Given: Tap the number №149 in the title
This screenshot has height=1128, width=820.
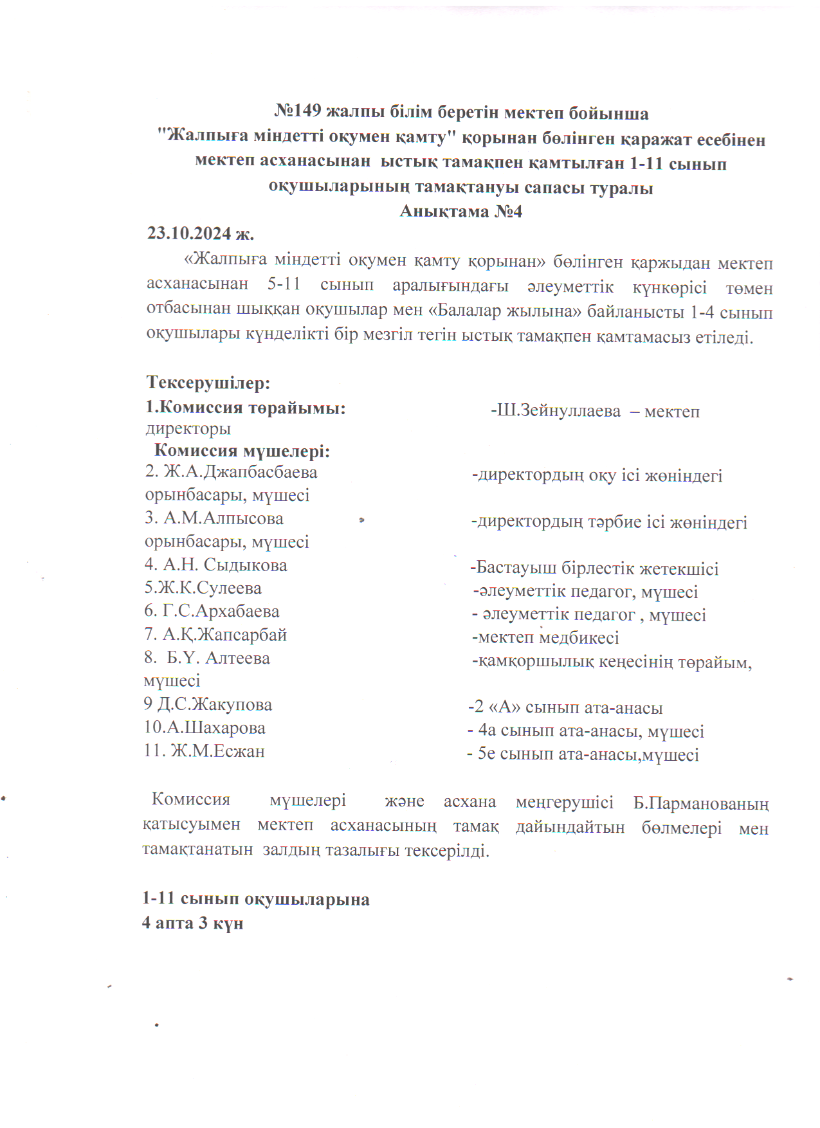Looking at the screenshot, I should coord(297,111).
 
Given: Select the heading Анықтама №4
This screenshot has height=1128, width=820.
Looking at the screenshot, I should coord(460,211).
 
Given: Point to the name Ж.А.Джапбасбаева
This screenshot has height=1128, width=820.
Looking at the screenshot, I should coord(240,471).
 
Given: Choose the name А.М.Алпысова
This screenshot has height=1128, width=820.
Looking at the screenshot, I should coord(223,518).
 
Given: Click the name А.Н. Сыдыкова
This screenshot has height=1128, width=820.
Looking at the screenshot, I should coord(224,565).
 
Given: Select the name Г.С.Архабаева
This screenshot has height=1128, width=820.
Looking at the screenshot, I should coord(220,611).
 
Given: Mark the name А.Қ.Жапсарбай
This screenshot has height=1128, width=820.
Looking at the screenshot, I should coord(224,634).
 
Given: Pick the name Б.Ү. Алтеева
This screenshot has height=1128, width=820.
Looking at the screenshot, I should coord(218,658).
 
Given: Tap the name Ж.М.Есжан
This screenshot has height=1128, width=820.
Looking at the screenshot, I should coord(217,750).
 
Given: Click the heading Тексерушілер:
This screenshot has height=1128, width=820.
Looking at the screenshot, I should coord(208,383).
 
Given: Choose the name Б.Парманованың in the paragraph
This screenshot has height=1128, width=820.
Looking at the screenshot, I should coord(700,803).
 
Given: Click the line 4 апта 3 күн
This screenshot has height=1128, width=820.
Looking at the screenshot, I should coord(192,923).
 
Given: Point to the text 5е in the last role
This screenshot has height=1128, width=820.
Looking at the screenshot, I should coord(486,754).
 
